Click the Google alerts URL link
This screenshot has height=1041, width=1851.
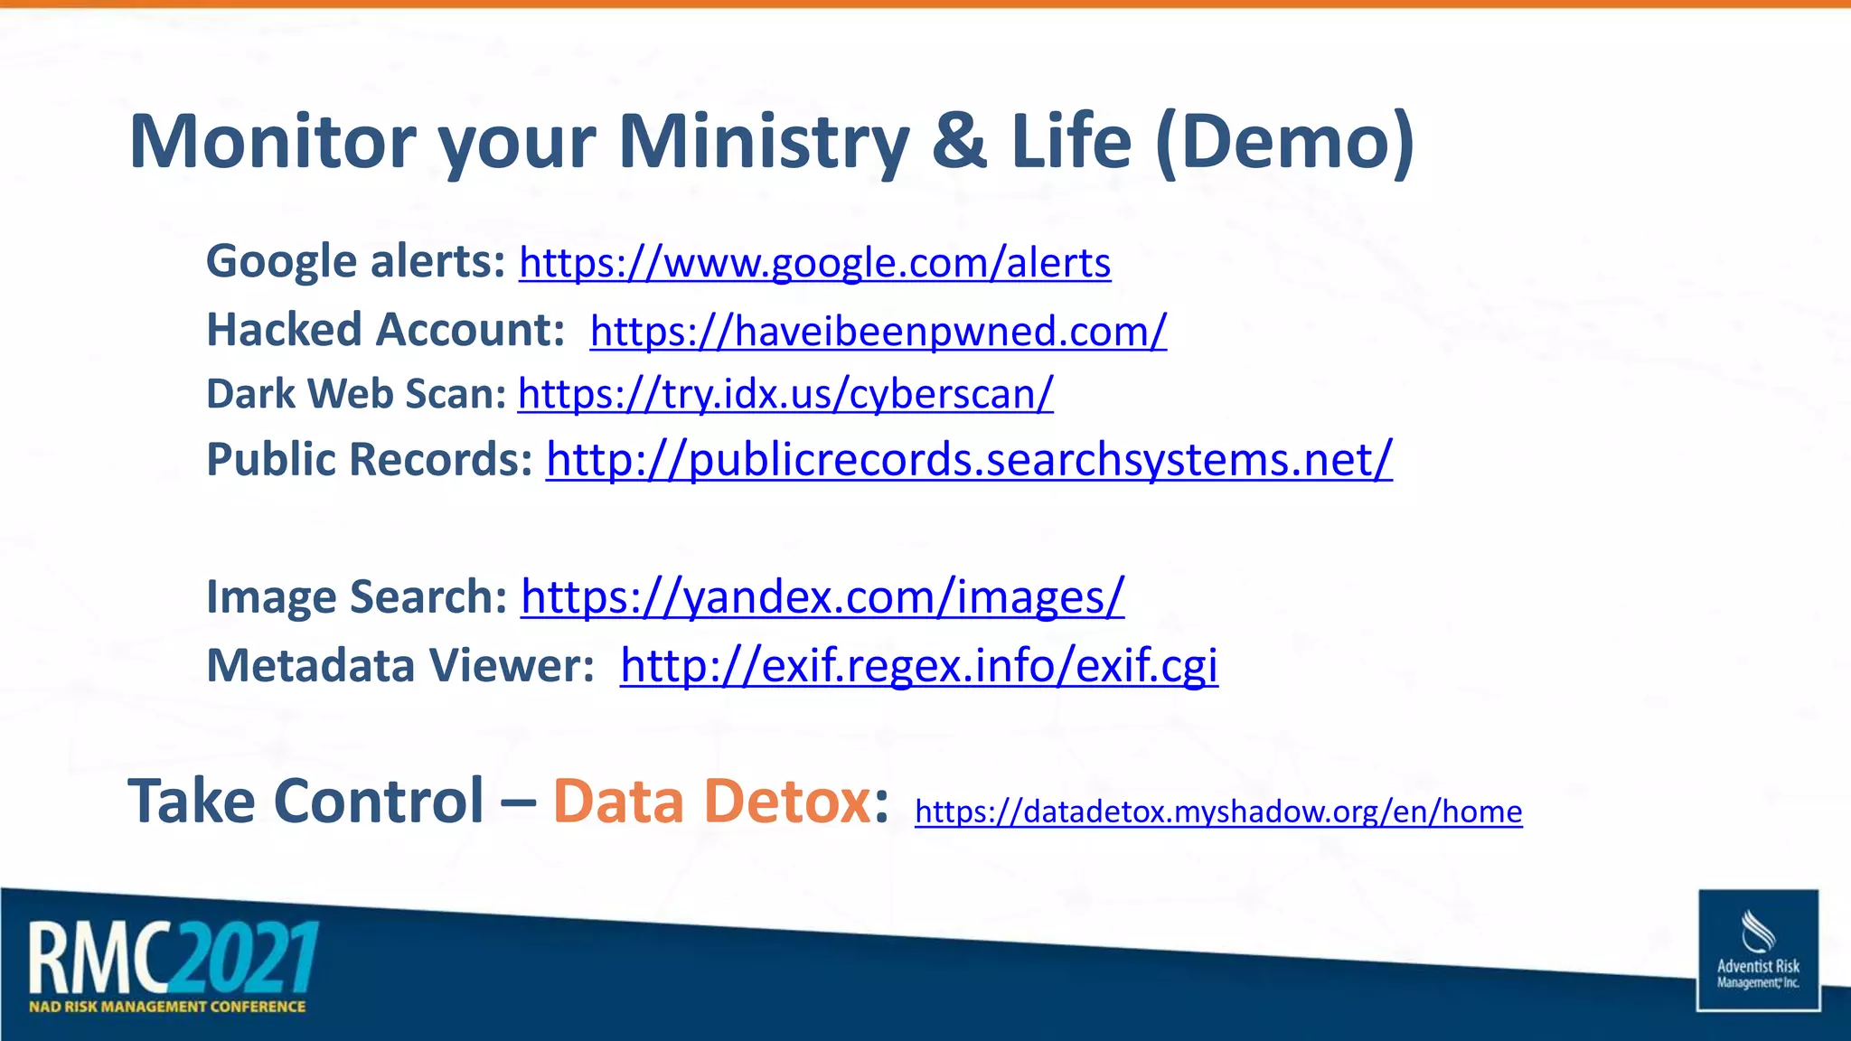(814, 263)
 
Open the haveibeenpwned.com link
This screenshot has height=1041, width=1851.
(878, 331)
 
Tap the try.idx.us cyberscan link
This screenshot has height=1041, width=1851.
(785, 394)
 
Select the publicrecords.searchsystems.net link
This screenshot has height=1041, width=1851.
(969, 459)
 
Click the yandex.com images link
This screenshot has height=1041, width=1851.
(822, 597)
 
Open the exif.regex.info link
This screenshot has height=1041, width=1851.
(918, 666)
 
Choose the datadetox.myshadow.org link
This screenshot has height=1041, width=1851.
(1218, 811)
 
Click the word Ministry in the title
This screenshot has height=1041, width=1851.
(764, 142)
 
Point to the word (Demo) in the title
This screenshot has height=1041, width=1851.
(1284, 142)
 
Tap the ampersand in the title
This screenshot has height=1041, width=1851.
(960, 142)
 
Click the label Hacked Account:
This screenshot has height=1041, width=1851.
(386, 330)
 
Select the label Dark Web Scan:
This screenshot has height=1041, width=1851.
(356, 394)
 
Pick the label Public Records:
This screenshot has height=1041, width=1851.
(370, 459)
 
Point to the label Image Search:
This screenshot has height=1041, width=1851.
(357, 597)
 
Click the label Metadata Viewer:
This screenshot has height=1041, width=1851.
(400, 666)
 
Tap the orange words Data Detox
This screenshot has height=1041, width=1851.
(711, 802)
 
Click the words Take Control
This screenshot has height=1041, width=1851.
(306, 802)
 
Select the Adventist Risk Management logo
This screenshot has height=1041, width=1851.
(1758, 950)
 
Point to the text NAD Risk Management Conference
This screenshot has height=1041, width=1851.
(167, 1007)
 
